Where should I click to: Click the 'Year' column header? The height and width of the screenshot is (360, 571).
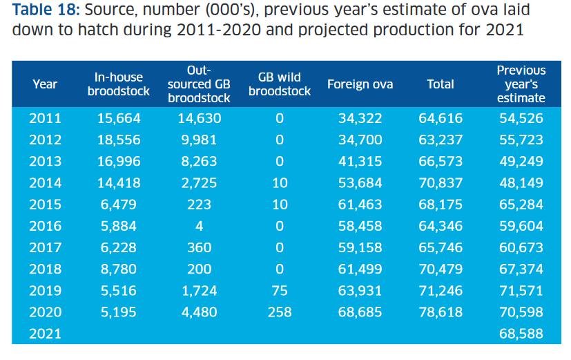pos(45,84)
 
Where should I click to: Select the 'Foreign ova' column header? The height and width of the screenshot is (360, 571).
pos(360,84)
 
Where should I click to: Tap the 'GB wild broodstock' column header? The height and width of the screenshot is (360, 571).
pos(280,84)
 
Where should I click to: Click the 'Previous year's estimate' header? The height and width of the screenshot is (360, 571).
pos(521,84)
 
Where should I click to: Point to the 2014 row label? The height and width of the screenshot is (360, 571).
pos(45,183)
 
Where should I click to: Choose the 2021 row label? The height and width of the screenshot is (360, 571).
pos(45,334)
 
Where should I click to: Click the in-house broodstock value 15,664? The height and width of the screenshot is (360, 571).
pos(119,118)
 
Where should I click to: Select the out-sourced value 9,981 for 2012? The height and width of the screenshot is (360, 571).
pos(199,140)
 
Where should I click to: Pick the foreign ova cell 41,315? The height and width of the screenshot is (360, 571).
pos(360,162)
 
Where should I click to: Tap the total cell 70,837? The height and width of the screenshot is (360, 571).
pos(441,183)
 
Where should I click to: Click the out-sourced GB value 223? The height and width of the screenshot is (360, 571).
pos(200,205)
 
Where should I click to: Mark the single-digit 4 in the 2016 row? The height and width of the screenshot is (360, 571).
pos(200,226)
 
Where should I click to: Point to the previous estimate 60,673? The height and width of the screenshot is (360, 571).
pos(521,247)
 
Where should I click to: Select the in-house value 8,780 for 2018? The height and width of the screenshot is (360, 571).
pos(119,269)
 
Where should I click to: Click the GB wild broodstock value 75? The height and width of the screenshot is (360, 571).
pos(280,291)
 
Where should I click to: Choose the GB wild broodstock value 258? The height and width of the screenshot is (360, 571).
pos(280,312)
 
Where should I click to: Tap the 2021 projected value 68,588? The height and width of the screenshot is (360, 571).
pos(521,334)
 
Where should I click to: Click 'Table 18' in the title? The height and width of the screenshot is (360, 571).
pos(45,10)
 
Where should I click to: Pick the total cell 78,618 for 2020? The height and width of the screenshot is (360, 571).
pos(441,312)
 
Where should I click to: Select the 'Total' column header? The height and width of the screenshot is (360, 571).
pos(441,84)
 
